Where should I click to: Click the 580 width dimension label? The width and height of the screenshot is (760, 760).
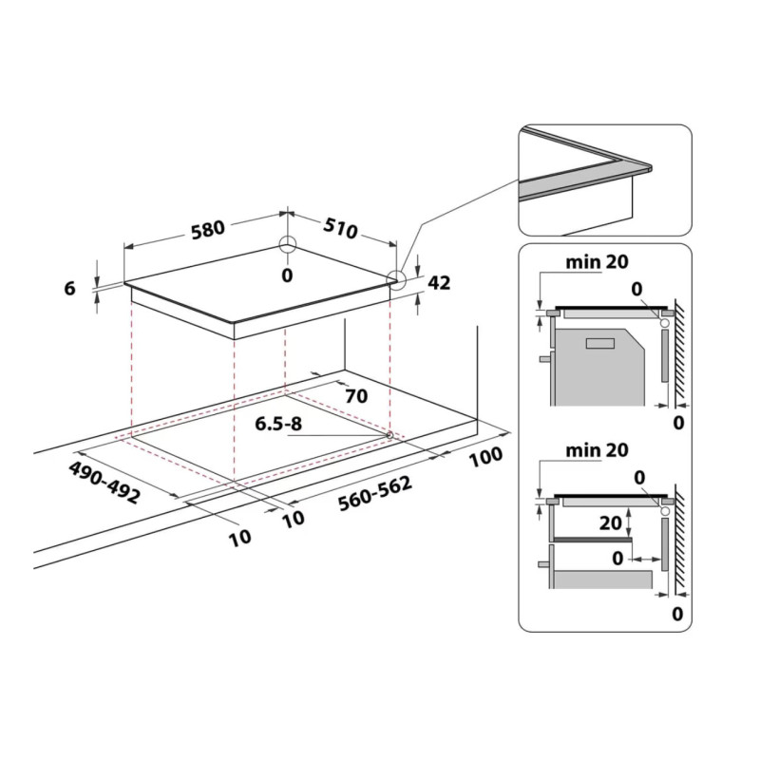[208, 230]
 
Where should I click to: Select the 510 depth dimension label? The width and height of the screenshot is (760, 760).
[341, 228]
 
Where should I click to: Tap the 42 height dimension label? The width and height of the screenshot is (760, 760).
[439, 282]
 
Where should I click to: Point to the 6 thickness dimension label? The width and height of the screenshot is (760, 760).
[70, 289]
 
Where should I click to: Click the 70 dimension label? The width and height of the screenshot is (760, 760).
[356, 396]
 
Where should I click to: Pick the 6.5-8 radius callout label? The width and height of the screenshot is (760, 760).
[278, 424]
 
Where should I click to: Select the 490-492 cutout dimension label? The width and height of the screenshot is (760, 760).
[104, 482]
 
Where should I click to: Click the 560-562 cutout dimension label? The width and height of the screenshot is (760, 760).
[375, 493]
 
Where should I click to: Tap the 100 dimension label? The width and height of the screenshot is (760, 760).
[485, 457]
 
